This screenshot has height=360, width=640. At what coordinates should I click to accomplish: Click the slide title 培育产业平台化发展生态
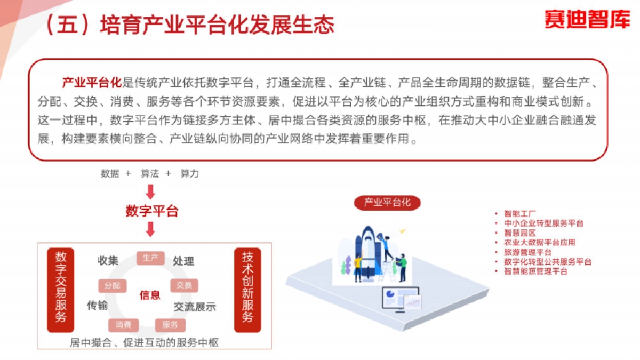217,26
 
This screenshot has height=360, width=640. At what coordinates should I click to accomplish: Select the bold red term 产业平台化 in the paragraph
92,83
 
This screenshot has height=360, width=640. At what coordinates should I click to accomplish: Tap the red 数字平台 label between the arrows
151,211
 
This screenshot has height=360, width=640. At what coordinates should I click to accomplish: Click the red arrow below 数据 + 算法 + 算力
150,191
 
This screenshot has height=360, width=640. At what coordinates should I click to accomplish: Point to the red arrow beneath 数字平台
150,229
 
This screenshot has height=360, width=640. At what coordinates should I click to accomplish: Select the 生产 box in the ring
150,258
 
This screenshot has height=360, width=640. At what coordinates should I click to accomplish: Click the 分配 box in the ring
113,285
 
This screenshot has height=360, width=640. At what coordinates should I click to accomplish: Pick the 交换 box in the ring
184,285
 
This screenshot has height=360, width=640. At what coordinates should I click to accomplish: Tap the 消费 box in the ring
124,324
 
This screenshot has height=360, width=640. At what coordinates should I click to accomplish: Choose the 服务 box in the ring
170,324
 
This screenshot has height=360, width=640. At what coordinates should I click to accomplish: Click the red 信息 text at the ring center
150,295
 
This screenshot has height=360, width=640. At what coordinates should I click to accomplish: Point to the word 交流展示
195,307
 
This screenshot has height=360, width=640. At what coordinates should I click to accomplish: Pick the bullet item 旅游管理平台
527,252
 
